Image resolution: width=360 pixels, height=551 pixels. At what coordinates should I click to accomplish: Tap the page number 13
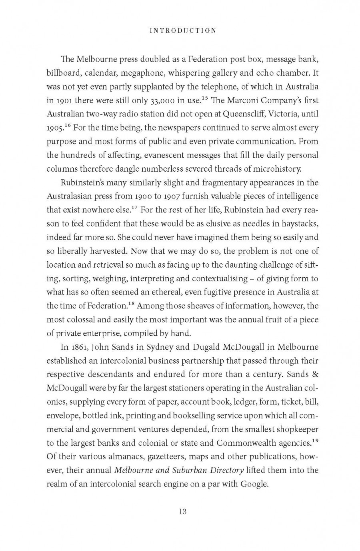pos(183,511)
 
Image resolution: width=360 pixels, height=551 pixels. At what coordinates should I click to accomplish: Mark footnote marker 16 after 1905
pos(68,125)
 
